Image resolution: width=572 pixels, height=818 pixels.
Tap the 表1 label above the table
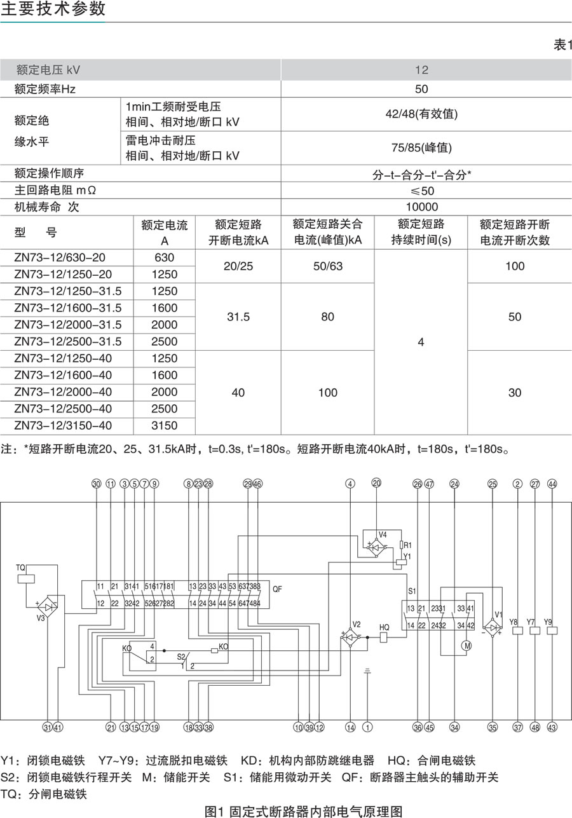coord(562,45)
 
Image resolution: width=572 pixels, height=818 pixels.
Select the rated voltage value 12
coord(421,69)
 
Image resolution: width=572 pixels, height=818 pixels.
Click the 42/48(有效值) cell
coord(421,114)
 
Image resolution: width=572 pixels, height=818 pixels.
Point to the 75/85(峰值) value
coord(421,147)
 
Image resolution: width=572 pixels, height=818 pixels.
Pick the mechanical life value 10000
coord(421,207)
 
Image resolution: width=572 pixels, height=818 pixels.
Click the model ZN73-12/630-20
coord(60,258)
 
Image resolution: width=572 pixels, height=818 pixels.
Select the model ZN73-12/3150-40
coord(63,426)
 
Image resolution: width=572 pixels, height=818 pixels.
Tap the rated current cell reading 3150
coord(165,426)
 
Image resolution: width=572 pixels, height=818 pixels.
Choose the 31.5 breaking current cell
coord(238,317)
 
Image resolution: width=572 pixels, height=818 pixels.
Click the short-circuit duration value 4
coord(421,343)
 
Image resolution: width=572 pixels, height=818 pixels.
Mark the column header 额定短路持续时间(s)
coord(421,232)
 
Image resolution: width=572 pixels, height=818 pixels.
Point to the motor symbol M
coord(467,645)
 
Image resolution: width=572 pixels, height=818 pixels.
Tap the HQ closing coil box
coord(385,638)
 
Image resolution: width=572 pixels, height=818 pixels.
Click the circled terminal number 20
coord(376,484)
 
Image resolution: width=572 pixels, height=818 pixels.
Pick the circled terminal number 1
coord(367,727)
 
